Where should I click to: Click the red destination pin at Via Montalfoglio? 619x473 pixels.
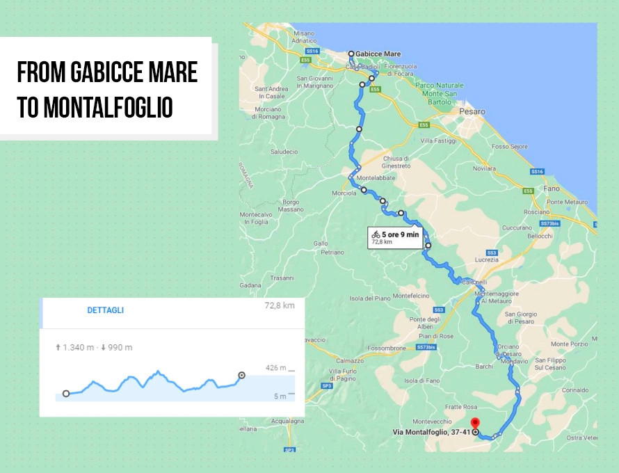point(475,423)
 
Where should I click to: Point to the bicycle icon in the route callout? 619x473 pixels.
point(376,234)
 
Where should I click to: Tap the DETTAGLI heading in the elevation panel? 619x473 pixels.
point(106,310)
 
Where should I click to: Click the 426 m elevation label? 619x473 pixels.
point(275,368)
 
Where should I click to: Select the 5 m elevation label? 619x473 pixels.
point(280,396)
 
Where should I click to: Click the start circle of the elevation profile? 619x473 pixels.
point(66,394)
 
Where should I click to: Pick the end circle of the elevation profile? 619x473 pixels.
point(241,376)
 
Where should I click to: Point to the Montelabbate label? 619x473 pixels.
point(376,178)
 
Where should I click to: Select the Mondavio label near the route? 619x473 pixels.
point(515,361)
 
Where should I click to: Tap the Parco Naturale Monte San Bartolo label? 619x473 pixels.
point(439,93)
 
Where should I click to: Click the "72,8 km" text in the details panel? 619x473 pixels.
point(280,305)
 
